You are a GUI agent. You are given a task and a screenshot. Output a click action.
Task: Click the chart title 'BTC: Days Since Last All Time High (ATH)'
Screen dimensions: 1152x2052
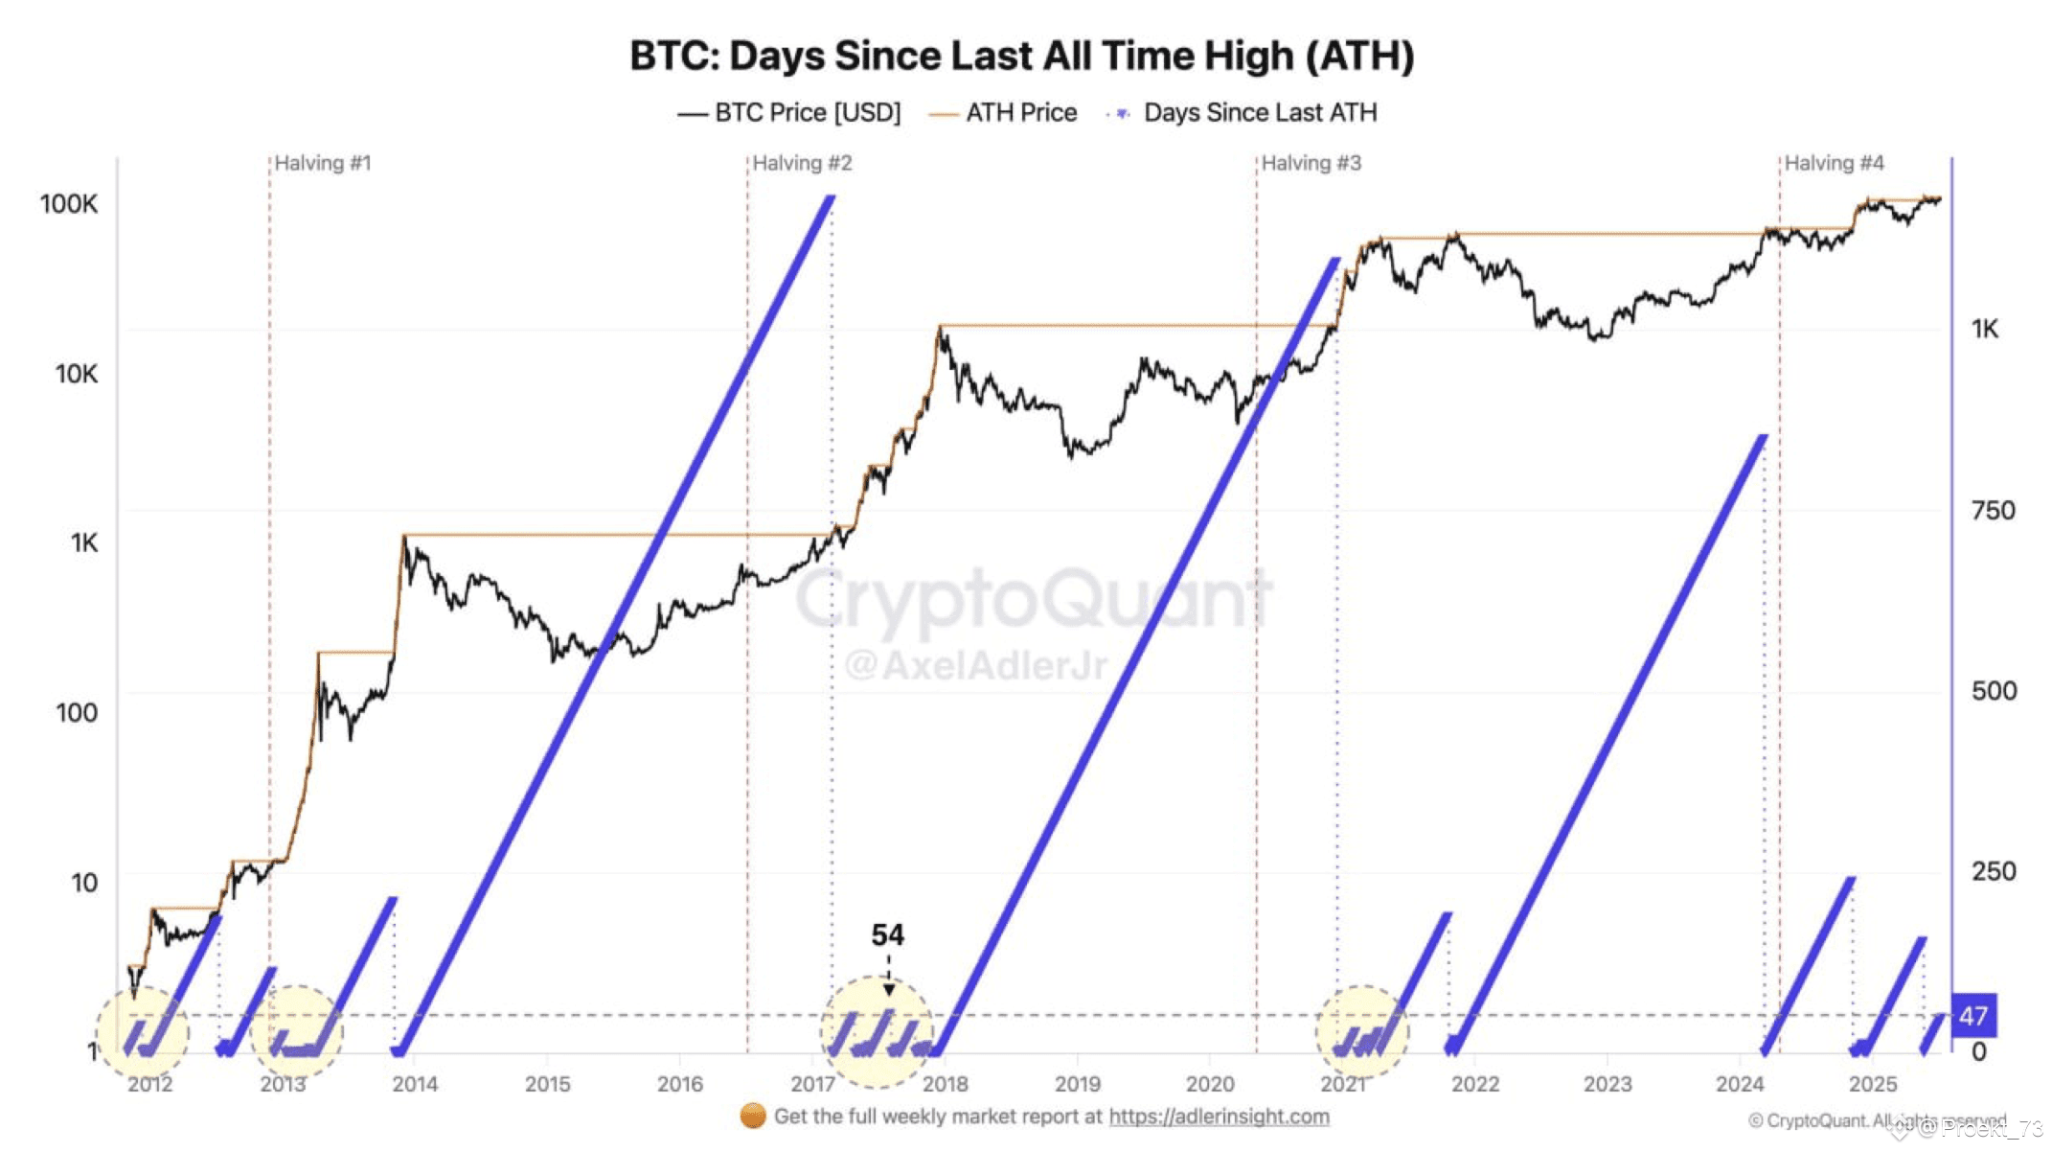click(x=1021, y=56)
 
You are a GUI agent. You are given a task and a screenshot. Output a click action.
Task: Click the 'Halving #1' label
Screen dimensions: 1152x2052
click(x=322, y=163)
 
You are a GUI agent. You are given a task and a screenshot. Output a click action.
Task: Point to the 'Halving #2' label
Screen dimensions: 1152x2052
click(x=801, y=163)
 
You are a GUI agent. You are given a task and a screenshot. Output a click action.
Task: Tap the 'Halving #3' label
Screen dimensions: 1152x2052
click(x=1310, y=163)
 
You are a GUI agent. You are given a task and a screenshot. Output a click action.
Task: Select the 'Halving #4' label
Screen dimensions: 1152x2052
click(x=1833, y=163)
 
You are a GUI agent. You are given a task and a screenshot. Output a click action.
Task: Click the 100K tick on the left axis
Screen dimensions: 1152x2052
click(x=69, y=203)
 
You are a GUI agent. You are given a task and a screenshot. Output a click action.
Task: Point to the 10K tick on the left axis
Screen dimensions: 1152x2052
click(x=76, y=373)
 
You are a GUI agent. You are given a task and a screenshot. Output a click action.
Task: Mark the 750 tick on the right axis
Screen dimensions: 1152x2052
click(x=1993, y=510)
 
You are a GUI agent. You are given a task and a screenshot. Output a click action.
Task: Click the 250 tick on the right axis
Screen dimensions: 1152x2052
click(x=1993, y=871)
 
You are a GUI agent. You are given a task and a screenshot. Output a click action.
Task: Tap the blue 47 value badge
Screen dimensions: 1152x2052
click(x=1972, y=1016)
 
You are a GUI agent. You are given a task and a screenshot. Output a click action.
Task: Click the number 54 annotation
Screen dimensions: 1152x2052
click(x=887, y=934)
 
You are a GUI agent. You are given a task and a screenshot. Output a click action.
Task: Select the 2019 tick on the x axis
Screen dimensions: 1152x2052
click(x=1077, y=1084)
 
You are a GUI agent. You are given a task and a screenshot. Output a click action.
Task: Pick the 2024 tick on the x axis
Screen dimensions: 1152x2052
click(x=1739, y=1084)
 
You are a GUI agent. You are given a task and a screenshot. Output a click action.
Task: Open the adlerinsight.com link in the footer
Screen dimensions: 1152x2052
click(x=1219, y=1117)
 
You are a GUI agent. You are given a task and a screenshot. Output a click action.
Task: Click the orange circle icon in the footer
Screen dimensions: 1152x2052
click(x=753, y=1117)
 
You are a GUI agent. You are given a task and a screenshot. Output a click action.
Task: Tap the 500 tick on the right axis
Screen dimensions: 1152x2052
click(x=1993, y=690)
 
